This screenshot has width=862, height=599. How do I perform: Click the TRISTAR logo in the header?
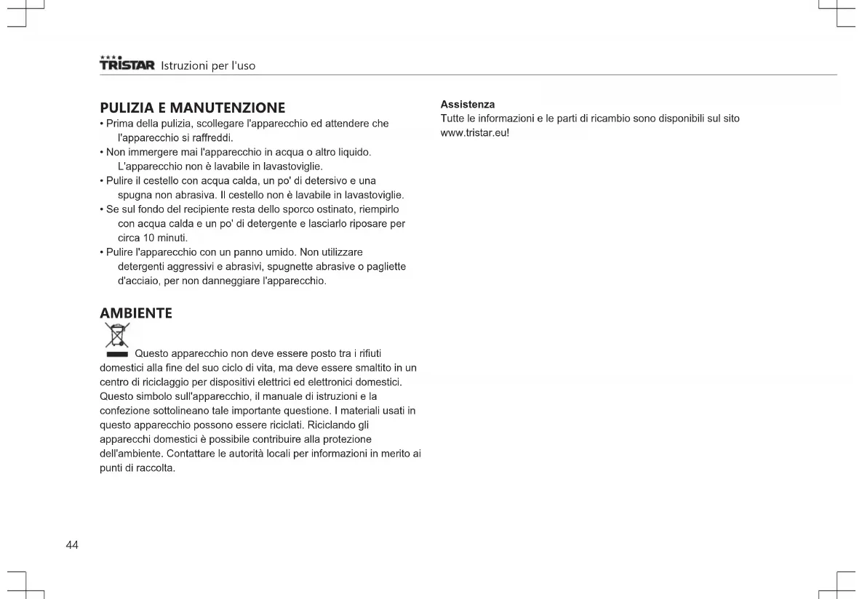[x=127, y=64]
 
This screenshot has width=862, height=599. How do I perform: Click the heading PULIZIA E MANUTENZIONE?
[x=192, y=108]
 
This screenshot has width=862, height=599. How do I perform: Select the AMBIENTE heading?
[x=136, y=313]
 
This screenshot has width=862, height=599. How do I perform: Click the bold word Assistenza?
[x=468, y=105]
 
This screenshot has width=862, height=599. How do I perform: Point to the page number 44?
[x=72, y=545]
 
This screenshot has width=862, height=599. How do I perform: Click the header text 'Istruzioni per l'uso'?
[x=208, y=66]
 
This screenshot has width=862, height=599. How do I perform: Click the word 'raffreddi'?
[x=212, y=137]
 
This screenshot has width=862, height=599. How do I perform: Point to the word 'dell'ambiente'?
[x=131, y=454]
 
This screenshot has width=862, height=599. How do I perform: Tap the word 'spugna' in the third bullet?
[x=135, y=195]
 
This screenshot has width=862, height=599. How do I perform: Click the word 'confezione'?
[x=124, y=411]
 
